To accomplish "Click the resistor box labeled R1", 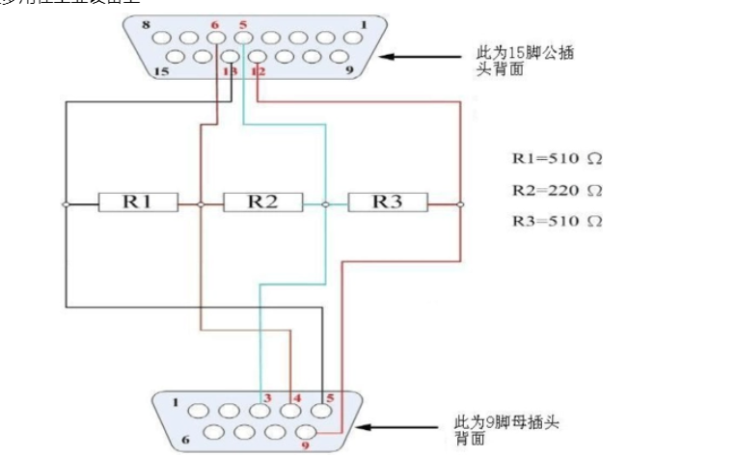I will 138,202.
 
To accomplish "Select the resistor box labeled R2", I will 262,202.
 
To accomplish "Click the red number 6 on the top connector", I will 214,23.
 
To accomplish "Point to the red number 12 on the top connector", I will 258,71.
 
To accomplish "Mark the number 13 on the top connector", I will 230,71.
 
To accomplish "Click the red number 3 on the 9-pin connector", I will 267,396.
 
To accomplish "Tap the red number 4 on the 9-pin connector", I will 296,396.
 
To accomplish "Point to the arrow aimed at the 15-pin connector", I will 424,56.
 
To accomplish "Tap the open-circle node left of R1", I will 66,204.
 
